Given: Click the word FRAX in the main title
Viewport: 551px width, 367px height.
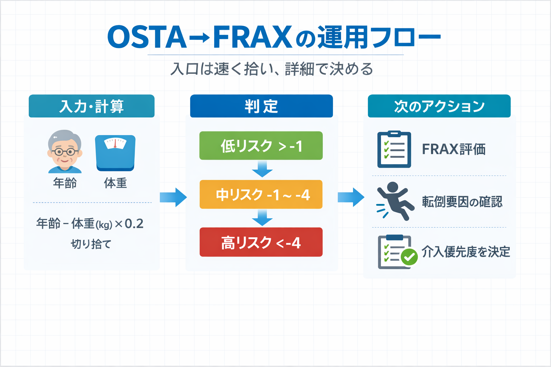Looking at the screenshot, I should [252, 37].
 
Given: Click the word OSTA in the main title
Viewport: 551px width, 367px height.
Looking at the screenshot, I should [147, 37].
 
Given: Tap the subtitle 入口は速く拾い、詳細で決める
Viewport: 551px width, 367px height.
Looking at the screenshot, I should [272, 69].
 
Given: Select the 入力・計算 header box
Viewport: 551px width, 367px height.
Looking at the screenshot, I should [91, 106].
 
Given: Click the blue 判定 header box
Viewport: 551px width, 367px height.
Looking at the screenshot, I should [261, 106].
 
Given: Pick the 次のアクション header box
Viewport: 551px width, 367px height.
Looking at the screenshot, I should [439, 106].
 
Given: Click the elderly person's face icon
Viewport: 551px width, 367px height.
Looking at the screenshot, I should [65, 151].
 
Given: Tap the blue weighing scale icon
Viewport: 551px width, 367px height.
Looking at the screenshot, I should [115, 152].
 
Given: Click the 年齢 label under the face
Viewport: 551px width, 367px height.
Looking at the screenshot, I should [65, 183].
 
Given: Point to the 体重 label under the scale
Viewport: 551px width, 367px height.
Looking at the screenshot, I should [115, 183].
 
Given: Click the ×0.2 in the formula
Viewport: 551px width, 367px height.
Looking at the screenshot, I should [129, 224].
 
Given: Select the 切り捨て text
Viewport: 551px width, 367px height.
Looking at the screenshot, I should [91, 244].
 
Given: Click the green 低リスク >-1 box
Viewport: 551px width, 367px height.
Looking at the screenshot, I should [261, 146].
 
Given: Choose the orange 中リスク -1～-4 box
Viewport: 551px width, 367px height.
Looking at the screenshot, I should [261, 195].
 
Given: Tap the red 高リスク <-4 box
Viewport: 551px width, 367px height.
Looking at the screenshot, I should [261, 242].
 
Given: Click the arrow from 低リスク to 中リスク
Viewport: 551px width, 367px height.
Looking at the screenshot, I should [262, 169].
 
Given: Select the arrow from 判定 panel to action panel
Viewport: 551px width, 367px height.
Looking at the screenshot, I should [350, 197].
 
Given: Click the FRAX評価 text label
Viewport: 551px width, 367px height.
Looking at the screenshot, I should [453, 149].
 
